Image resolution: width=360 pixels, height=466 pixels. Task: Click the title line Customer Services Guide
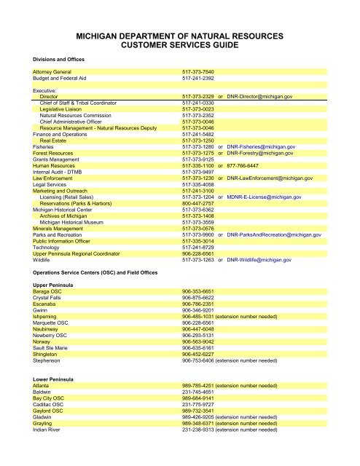(179, 45)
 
